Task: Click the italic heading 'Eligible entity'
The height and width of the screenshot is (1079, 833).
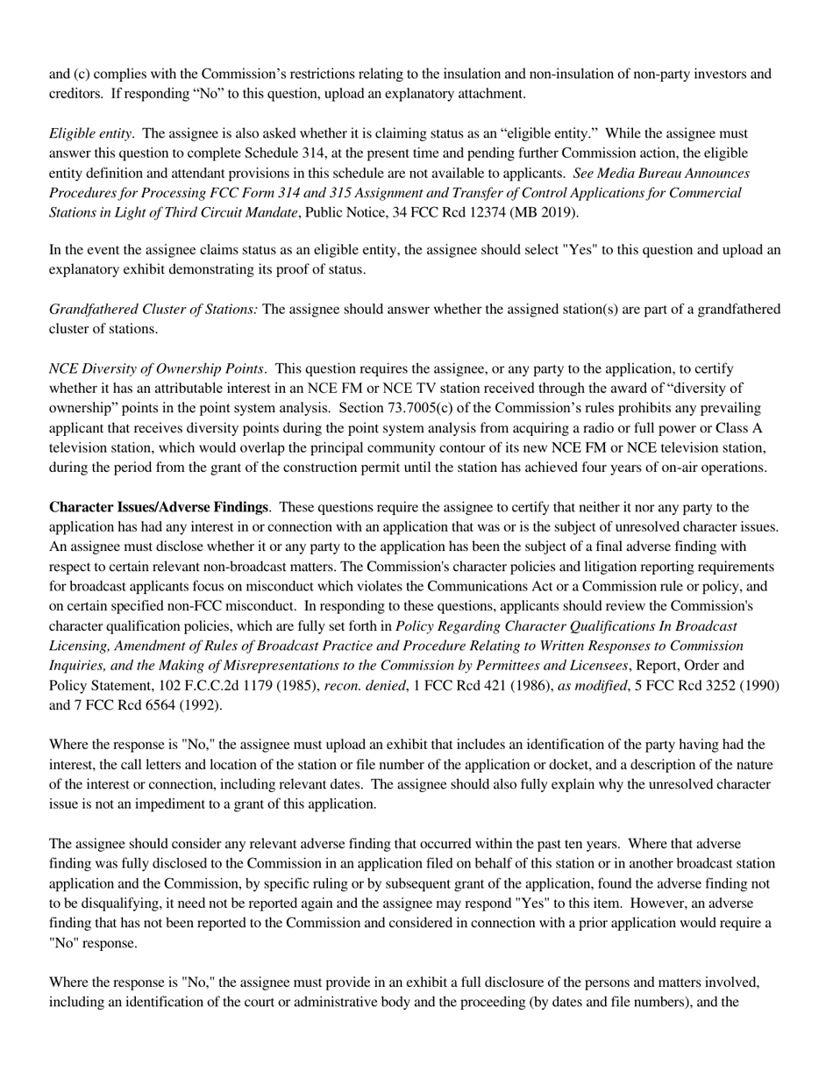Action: pyautogui.click(x=90, y=133)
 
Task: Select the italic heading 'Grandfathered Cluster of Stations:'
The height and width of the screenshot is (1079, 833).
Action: pyautogui.click(x=153, y=309)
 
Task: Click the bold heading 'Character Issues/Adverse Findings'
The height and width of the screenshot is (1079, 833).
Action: pyautogui.click(x=159, y=507)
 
